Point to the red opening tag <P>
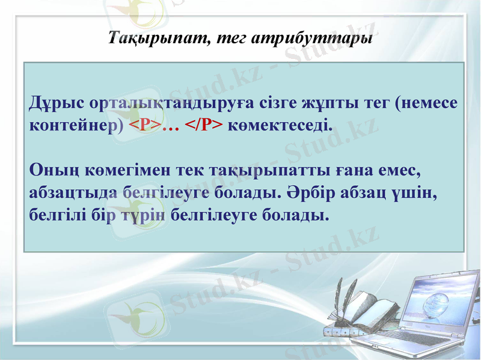tap(145, 125)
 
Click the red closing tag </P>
tap(203, 125)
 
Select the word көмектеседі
tap(280, 125)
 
